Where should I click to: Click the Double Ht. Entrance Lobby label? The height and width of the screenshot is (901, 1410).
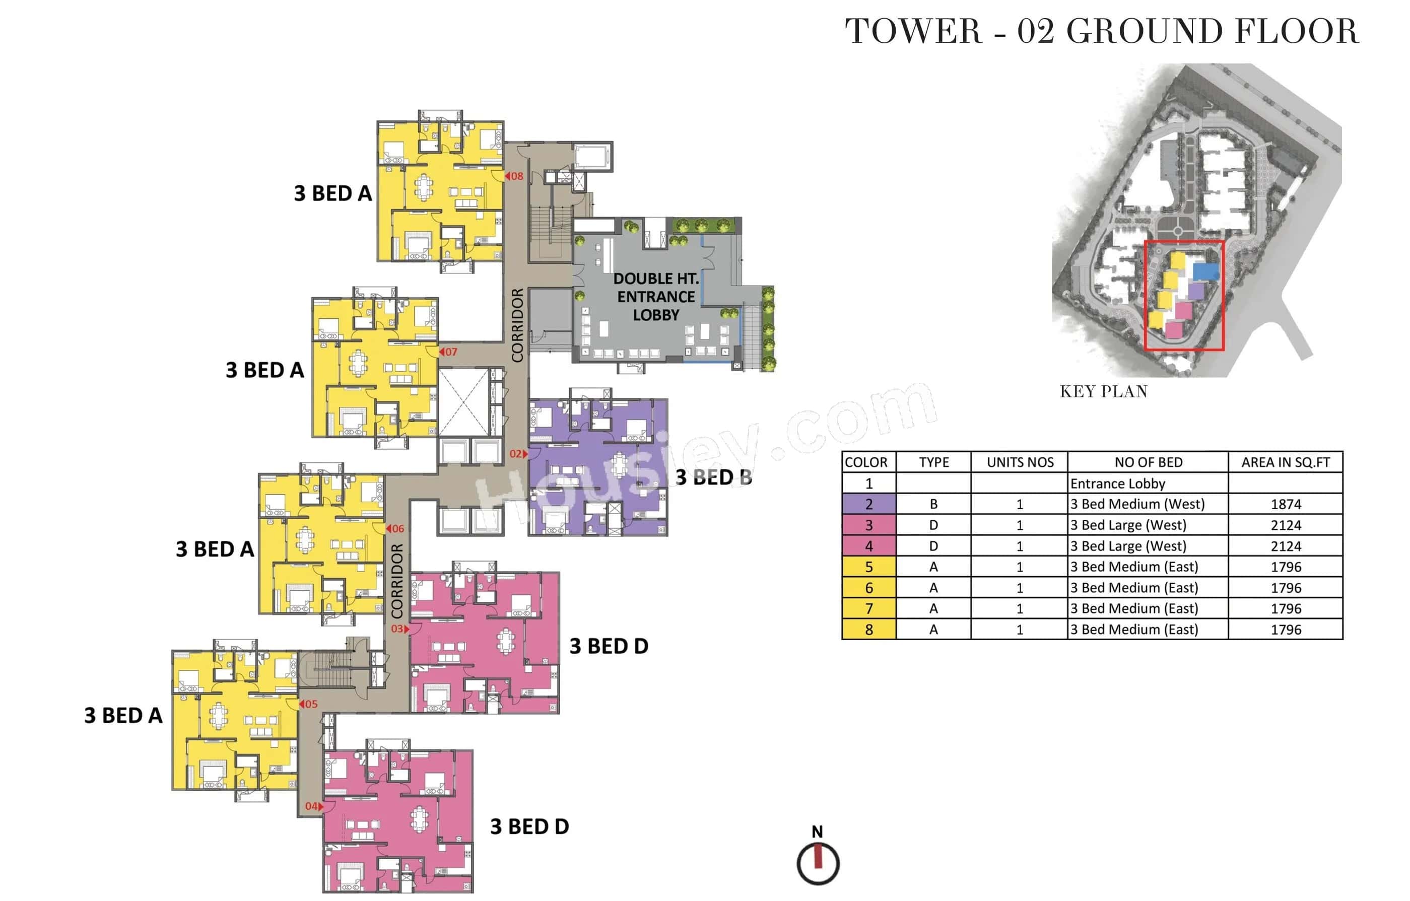(x=656, y=297)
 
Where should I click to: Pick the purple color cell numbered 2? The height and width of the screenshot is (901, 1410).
(x=868, y=504)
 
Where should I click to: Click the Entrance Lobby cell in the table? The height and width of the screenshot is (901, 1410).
(x=1117, y=483)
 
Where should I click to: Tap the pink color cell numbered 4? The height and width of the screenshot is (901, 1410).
(x=868, y=546)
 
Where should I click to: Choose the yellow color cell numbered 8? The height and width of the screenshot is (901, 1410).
(x=868, y=630)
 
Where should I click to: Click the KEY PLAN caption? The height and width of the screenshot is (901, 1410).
(x=1103, y=392)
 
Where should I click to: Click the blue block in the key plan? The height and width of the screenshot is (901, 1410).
(x=1205, y=271)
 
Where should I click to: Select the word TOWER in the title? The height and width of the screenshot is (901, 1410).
(x=913, y=32)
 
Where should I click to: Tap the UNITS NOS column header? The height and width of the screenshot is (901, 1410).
(x=1020, y=462)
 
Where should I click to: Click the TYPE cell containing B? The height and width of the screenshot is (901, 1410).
(x=933, y=504)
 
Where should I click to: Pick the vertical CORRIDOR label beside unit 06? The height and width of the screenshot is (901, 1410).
(x=397, y=581)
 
